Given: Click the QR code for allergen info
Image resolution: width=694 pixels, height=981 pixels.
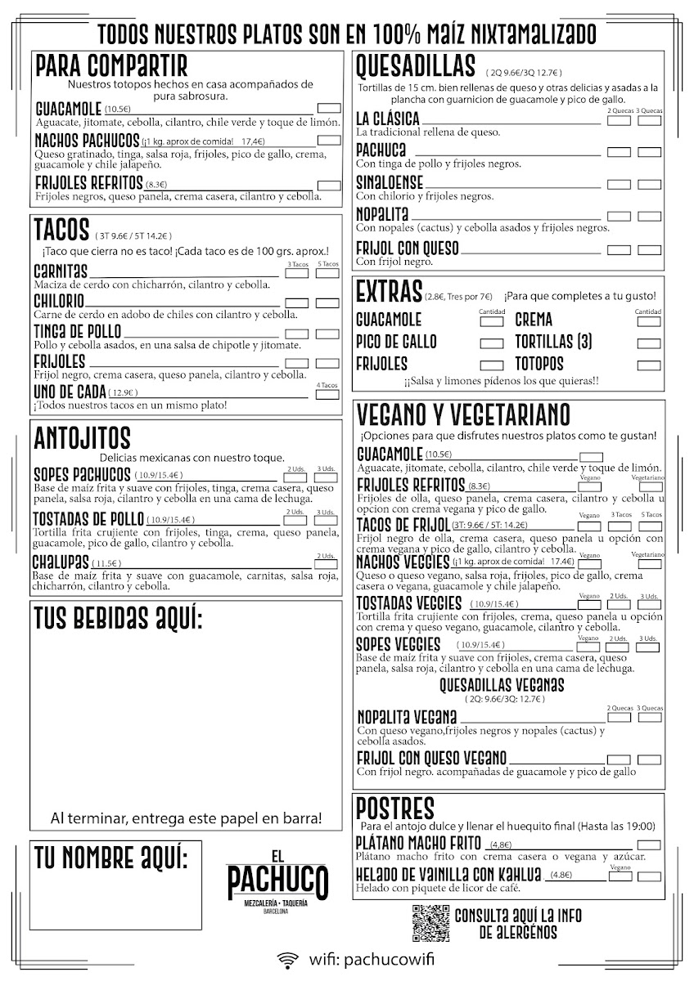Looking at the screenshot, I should [x=430, y=923].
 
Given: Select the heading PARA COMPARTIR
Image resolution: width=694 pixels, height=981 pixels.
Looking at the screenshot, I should [x=111, y=65].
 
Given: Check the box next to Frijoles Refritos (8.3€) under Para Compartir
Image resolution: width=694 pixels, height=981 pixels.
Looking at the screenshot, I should [x=329, y=186].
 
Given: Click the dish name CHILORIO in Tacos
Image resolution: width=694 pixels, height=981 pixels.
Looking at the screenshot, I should [x=60, y=302].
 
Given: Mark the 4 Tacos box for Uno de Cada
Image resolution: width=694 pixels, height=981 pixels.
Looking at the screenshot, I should [x=327, y=393].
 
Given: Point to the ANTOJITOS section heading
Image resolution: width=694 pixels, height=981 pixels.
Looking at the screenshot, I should [x=83, y=438].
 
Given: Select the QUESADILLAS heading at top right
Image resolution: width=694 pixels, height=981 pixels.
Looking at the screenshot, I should [x=416, y=65].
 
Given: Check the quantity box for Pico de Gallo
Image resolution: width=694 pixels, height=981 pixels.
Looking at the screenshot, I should [x=491, y=343].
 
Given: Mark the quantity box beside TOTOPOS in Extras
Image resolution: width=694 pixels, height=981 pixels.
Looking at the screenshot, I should [x=648, y=365].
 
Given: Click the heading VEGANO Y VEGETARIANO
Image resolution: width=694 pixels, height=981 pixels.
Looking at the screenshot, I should [x=475, y=414].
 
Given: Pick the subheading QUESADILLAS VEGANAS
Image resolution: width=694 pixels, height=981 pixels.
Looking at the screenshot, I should [x=502, y=684].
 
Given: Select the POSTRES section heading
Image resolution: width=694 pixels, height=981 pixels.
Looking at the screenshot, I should [x=395, y=808].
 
